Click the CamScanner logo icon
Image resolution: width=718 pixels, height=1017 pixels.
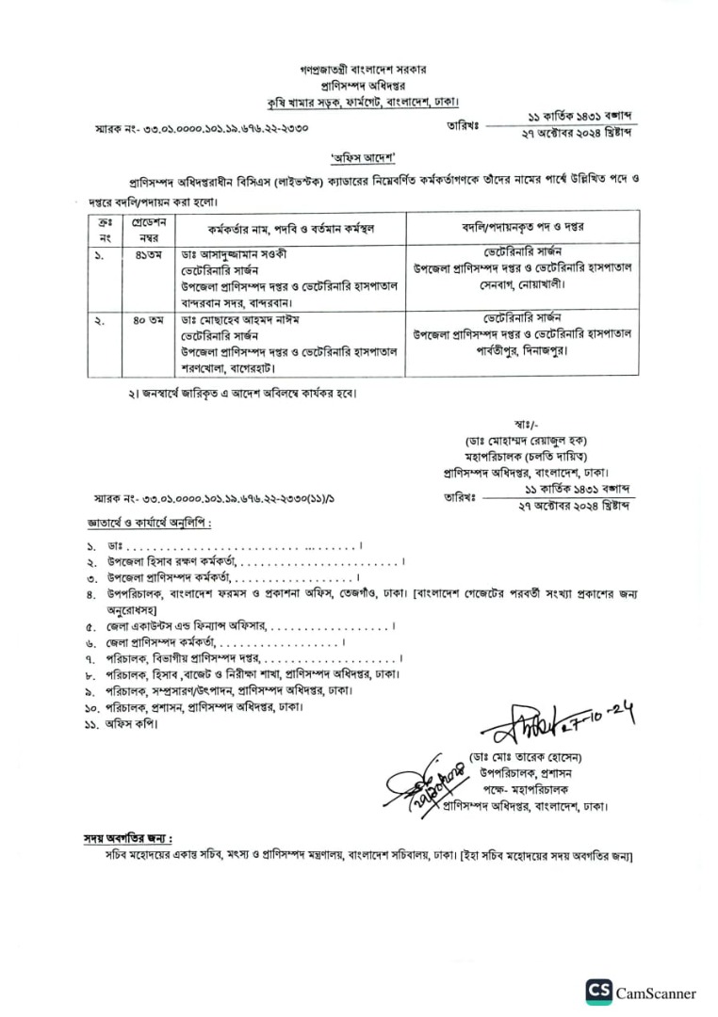(x=597, y=992)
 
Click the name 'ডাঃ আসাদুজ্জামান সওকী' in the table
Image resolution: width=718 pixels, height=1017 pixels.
(x=234, y=253)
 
